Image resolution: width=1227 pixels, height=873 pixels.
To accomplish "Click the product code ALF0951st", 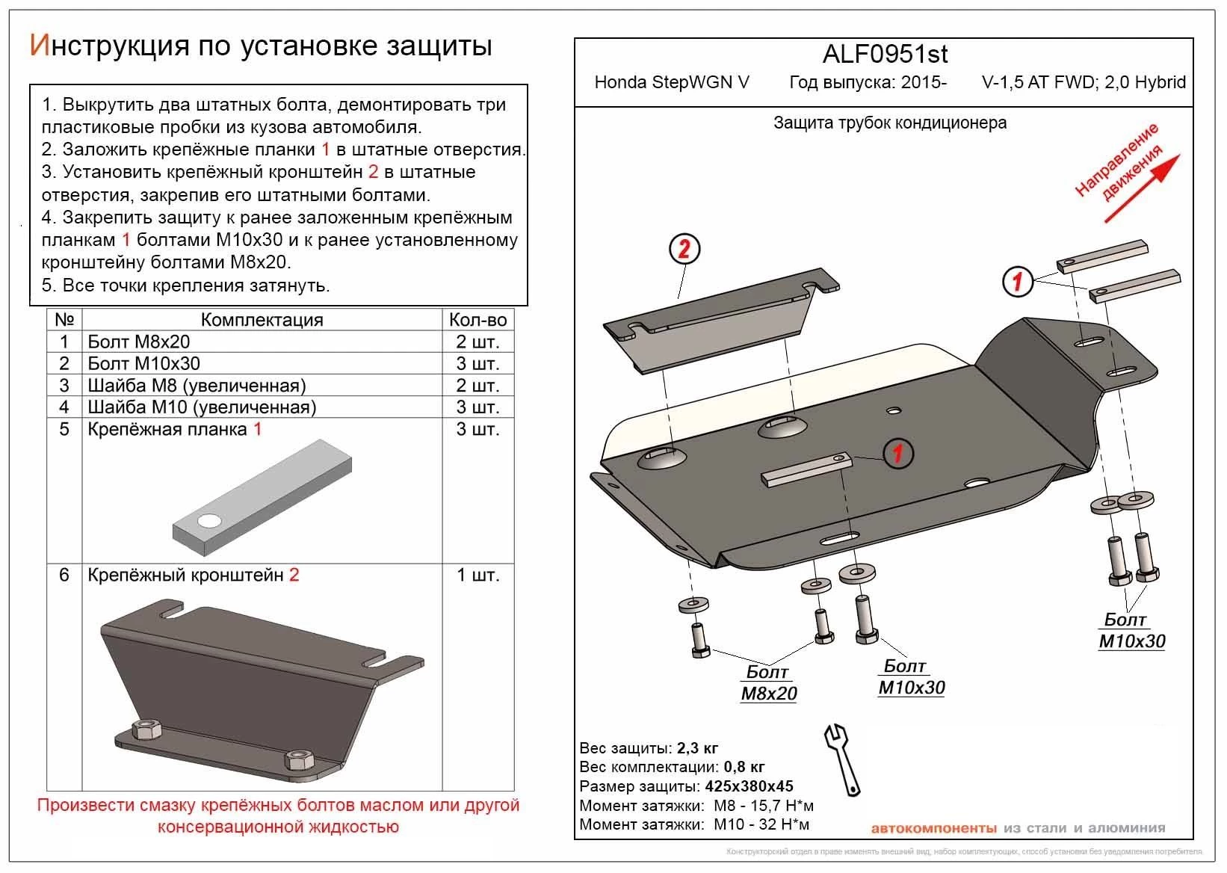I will click(885, 54).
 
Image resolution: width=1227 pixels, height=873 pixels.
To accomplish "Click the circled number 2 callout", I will click(684, 248).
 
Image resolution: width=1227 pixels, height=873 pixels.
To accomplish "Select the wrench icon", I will click(844, 758).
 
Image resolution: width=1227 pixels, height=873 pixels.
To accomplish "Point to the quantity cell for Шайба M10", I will click(477, 407).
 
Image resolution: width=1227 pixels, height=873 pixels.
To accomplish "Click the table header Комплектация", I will click(262, 320).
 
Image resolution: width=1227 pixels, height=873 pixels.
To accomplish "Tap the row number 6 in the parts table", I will click(64, 575).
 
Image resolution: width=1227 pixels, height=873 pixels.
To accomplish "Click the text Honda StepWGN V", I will click(671, 82).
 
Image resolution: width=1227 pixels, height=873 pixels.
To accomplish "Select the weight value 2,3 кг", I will click(697, 748).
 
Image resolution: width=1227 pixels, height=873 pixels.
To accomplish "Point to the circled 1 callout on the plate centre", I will click(897, 453).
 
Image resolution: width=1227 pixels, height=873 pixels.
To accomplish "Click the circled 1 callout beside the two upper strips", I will click(1017, 281).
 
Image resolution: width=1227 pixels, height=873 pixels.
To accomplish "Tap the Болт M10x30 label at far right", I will click(1131, 631).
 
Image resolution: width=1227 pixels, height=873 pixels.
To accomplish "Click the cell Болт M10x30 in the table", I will click(143, 364).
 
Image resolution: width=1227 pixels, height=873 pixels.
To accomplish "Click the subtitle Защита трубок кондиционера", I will click(889, 123).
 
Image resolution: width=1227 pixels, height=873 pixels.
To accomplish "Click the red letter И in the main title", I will click(39, 46).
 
